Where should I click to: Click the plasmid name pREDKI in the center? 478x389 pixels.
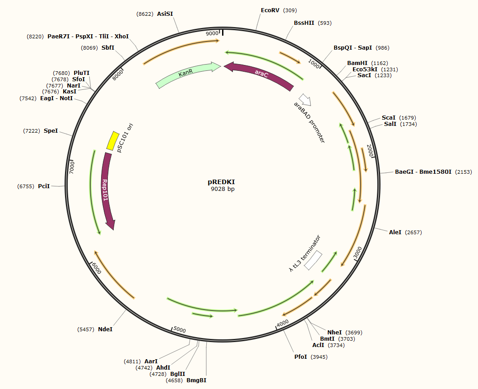[221, 182]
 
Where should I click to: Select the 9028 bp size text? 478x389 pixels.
[223, 190]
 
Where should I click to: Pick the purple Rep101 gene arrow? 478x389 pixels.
[107, 190]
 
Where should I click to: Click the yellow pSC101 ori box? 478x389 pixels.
[112, 141]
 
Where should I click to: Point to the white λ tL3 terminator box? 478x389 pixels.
[313, 260]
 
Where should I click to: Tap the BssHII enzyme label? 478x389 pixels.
[304, 23]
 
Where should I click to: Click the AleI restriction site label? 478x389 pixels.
[395, 232]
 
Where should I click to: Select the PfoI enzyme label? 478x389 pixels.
[301, 357]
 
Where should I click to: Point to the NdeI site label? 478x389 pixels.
[105, 329]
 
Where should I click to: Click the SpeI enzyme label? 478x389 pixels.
[51, 131]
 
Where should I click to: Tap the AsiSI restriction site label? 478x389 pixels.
[165, 14]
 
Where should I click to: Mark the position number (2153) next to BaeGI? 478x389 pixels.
[463, 172]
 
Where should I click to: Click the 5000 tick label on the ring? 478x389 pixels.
[180, 330]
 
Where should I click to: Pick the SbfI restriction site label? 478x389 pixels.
[108, 47]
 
